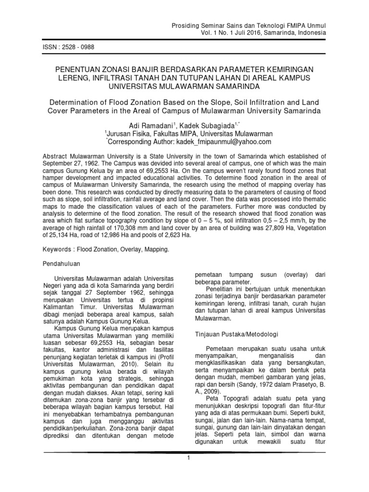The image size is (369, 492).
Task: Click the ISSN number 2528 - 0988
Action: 75,48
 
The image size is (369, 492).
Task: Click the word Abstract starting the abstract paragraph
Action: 56,156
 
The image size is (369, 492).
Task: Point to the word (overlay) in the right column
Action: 291,273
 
